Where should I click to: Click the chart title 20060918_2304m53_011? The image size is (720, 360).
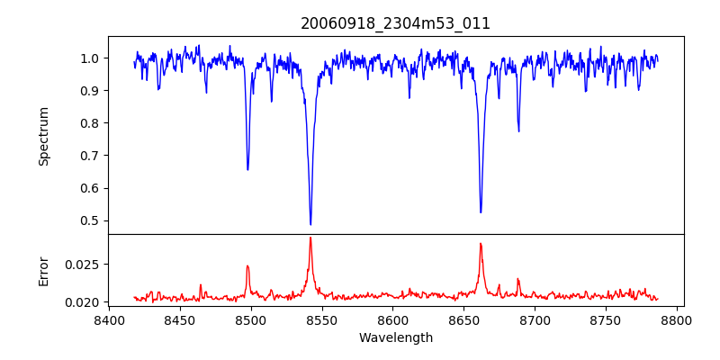click(396, 23)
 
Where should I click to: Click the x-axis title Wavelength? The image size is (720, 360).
click(396, 337)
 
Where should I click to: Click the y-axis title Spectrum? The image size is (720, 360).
click(43, 136)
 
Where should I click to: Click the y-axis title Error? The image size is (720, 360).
click(43, 271)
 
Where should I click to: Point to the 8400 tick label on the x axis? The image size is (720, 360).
click(109, 319)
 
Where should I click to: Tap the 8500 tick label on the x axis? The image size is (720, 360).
click(251, 319)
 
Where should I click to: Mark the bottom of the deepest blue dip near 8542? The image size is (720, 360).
click(310, 224)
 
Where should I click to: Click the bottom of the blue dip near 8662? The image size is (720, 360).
click(481, 212)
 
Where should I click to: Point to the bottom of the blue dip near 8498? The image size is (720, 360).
click(247, 169)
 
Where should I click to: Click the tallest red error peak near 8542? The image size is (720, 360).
click(310, 238)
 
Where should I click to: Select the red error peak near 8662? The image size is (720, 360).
click(481, 243)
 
